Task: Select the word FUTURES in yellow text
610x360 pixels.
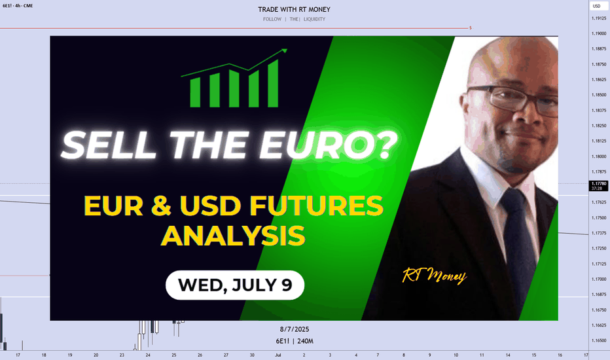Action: (x=316, y=206)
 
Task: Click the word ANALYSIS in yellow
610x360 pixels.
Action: (x=233, y=236)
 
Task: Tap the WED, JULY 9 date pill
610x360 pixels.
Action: (x=235, y=285)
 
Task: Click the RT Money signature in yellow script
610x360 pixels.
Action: (x=434, y=276)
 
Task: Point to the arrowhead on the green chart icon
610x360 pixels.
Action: (x=283, y=51)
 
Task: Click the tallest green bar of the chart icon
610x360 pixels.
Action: (x=273, y=83)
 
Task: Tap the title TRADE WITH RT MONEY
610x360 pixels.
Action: (x=294, y=9)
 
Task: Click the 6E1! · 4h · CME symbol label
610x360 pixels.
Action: (x=18, y=6)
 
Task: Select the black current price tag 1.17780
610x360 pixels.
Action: (x=599, y=186)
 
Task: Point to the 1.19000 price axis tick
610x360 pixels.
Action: (x=599, y=34)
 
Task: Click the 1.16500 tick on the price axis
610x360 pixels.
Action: (x=599, y=340)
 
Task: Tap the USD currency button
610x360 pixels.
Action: (x=597, y=7)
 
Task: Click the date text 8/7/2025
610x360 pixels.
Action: (x=295, y=329)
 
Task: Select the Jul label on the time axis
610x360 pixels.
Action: (x=278, y=355)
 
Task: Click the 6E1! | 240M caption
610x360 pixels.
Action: (x=295, y=341)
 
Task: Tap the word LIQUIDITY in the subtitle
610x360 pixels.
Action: (x=314, y=19)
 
